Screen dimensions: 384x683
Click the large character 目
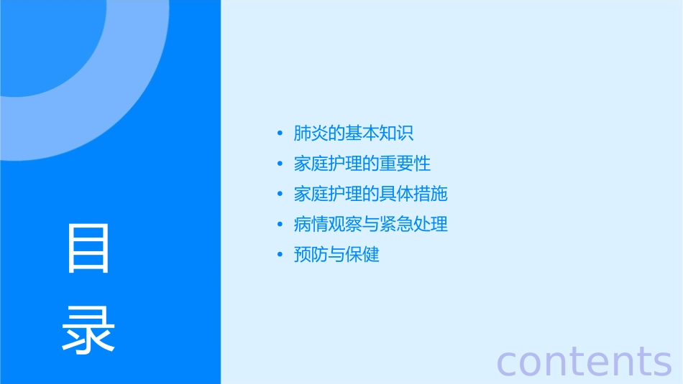(x=89, y=248)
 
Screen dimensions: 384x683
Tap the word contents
(x=584, y=361)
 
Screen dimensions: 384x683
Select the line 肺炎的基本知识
(x=354, y=134)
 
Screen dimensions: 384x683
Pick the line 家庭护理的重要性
(x=362, y=164)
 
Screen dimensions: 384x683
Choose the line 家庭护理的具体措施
(x=371, y=194)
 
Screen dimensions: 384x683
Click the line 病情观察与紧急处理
(x=371, y=224)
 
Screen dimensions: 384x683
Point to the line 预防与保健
(x=336, y=254)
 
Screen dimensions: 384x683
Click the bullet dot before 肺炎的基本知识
(x=280, y=134)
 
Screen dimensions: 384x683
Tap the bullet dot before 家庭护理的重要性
(x=280, y=164)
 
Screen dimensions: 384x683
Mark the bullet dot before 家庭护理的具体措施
(x=280, y=195)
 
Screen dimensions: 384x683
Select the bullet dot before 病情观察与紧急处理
(x=280, y=225)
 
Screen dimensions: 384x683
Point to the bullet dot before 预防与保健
(x=280, y=255)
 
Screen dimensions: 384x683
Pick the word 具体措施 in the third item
(x=413, y=194)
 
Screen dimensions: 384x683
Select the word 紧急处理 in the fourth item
(x=413, y=224)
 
